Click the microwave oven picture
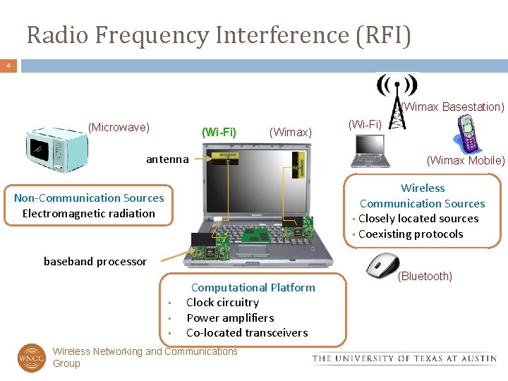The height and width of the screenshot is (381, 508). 58,150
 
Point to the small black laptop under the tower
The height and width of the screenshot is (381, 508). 372,150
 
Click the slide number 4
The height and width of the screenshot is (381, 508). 8,66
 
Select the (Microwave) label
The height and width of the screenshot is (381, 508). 119,127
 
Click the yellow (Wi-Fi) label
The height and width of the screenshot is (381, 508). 219,132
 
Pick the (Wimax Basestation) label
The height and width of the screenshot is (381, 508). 454,107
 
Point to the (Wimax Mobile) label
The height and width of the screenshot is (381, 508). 466,160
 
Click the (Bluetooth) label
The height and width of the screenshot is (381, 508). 425,276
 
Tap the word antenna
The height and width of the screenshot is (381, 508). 167,159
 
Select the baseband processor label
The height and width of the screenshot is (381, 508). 95,261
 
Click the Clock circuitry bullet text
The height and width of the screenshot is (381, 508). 222,303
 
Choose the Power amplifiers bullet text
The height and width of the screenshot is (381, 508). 230,317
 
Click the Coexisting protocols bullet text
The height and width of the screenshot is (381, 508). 411,234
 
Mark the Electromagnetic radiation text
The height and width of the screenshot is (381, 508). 89,213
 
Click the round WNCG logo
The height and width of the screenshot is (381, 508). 32,358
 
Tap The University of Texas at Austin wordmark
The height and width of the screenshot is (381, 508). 405,358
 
